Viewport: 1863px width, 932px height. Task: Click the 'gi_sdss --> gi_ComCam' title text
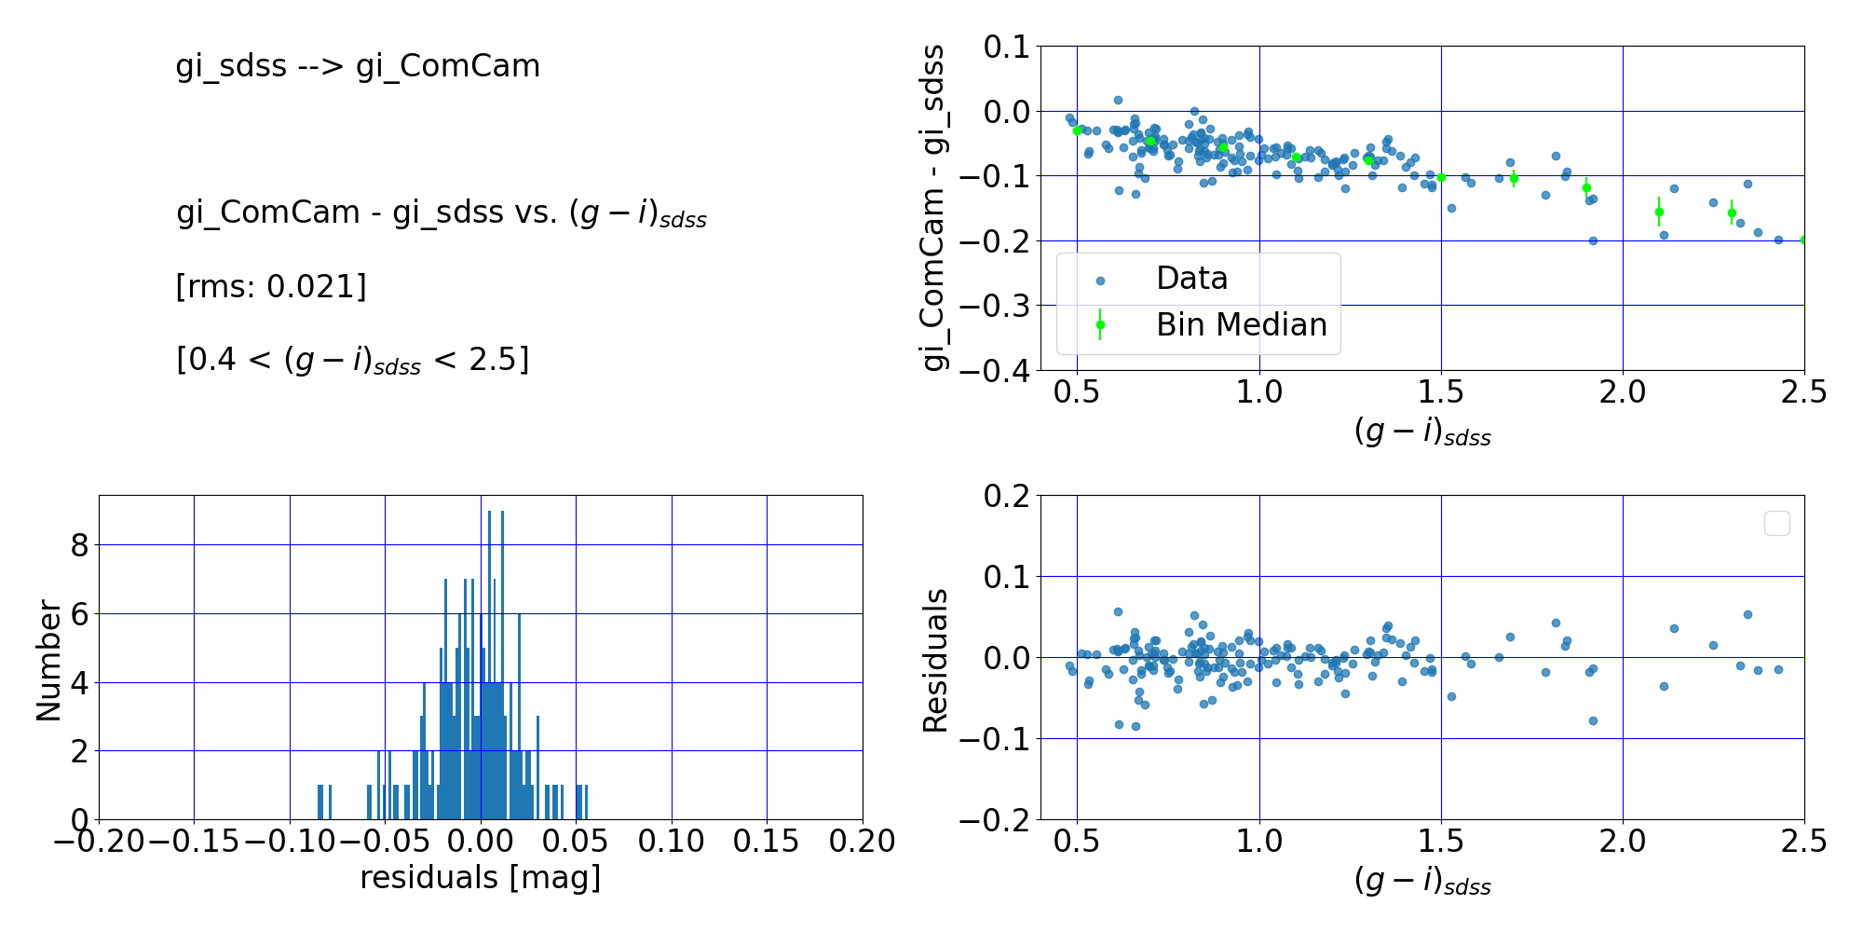[358, 66]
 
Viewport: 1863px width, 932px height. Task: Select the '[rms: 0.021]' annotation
[271, 286]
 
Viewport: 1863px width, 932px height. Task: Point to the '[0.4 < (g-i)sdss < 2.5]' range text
[352, 360]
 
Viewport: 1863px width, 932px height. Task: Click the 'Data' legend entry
[1191, 279]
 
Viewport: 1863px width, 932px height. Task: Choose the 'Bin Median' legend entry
[1241, 325]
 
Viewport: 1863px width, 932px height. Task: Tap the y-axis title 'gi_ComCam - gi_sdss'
[933, 207]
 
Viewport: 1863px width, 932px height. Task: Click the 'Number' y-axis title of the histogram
[48, 660]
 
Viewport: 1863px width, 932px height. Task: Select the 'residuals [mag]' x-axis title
[480, 878]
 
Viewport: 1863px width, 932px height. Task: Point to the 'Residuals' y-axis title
[934, 660]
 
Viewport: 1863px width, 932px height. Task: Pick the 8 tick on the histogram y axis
[80, 545]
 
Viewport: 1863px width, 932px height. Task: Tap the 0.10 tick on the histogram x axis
[671, 842]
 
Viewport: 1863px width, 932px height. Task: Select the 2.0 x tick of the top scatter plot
[1623, 392]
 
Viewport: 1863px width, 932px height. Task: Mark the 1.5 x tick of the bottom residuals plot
[1441, 842]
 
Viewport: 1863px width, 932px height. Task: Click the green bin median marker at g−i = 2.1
[1659, 212]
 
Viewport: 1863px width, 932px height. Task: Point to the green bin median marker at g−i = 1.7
[1514, 178]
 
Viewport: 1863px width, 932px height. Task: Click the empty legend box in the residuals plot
[1776, 524]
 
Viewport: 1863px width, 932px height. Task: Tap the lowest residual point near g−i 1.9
[1593, 720]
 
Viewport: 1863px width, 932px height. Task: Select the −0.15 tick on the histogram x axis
[194, 842]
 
